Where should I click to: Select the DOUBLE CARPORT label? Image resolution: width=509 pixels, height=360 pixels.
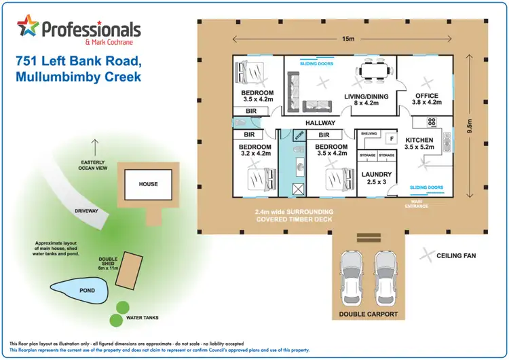(368, 314)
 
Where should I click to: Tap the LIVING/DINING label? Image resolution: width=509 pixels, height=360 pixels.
(366, 96)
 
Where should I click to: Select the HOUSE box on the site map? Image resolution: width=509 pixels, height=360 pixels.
(147, 184)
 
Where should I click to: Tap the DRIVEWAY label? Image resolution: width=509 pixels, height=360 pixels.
(86, 211)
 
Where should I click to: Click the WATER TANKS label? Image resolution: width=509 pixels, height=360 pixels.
(147, 317)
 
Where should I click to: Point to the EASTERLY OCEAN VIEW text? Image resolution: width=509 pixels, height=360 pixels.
(94, 167)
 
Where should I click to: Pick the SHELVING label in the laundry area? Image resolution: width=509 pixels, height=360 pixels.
(369, 134)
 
